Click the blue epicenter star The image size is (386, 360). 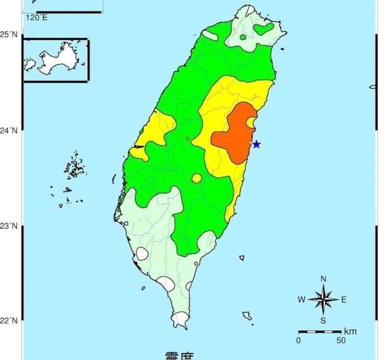click(256, 144)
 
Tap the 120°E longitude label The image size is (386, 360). click(36, 18)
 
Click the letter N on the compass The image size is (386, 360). click(324, 278)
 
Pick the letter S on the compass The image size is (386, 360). click(324, 321)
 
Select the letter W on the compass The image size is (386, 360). click(302, 300)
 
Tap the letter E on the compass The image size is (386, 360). click(344, 300)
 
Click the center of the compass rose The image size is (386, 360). click(324, 300)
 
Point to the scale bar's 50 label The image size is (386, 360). click(341, 341)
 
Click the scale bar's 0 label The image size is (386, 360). click(298, 341)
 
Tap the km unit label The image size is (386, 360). click(350, 331)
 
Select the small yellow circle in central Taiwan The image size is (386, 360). click(197, 178)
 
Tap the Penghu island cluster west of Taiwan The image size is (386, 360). click(72, 165)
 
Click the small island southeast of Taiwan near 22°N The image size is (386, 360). click(247, 316)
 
